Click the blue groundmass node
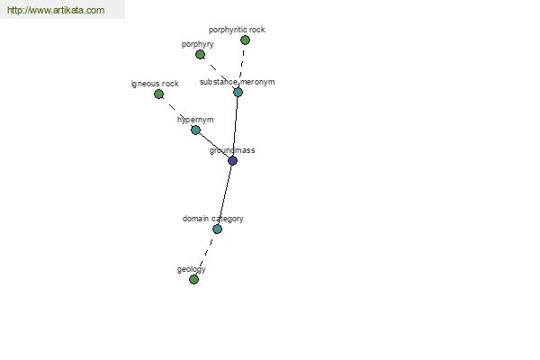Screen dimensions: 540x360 (232, 160)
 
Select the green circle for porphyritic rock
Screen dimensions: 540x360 (245, 40)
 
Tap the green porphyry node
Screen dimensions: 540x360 (200, 54)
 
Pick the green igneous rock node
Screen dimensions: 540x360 (158, 94)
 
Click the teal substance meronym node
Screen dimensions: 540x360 (238, 93)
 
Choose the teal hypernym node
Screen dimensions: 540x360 (195, 130)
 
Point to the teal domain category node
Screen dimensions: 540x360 (217, 229)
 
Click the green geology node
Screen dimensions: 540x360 (193, 279)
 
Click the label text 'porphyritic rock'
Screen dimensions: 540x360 (237, 30)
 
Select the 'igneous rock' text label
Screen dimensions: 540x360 (155, 84)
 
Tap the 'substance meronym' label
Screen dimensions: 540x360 (238, 82)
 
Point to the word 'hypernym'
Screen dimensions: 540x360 (195, 120)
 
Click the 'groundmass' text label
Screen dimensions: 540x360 (232, 150)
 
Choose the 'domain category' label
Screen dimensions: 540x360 (212, 219)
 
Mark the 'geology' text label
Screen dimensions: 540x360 (192, 269)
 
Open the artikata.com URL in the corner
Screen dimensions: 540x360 (56, 10)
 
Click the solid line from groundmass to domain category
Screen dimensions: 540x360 (225, 194)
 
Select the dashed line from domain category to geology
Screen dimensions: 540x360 (205, 254)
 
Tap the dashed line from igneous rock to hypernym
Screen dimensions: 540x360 (176, 112)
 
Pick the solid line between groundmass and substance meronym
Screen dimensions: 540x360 (235, 126)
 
